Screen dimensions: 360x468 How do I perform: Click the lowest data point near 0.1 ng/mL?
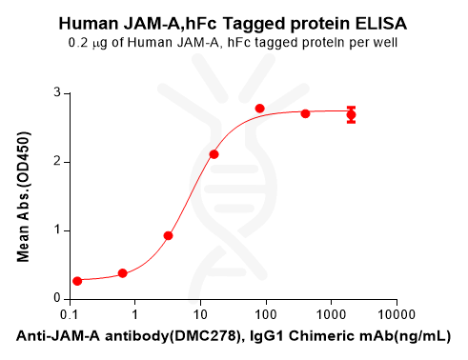pos(77,281)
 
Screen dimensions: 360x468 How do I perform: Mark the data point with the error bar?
pos(351,115)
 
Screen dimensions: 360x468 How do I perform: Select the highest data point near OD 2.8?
pos(260,109)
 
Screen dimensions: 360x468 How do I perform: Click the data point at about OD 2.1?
pos(214,154)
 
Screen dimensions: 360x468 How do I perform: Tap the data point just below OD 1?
pos(169,235)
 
